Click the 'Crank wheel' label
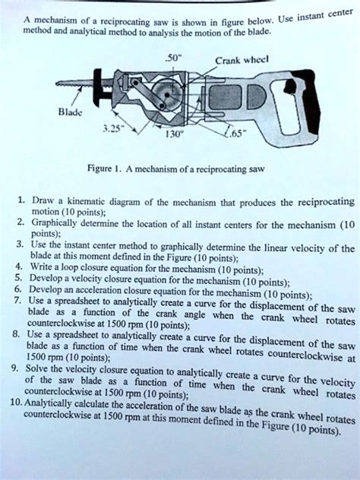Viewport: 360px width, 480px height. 242,61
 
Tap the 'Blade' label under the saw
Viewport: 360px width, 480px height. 71,112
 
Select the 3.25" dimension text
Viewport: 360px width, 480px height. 111,128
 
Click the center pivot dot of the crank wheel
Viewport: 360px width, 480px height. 167,95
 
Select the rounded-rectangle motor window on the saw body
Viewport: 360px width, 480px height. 226,97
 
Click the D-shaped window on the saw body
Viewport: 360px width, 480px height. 257,96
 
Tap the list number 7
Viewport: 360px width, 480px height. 17,300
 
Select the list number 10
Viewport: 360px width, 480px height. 16,402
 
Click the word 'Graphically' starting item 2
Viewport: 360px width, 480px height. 54,223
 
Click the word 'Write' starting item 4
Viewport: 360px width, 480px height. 39,267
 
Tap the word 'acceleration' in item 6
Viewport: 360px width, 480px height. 99,290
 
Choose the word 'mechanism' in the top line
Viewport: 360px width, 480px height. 55,21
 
